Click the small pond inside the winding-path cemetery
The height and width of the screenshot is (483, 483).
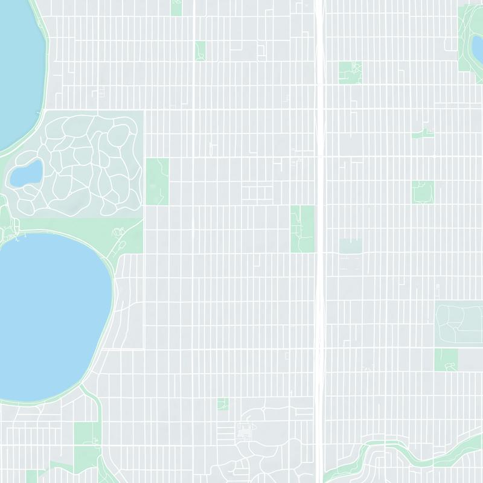tap(26, 173)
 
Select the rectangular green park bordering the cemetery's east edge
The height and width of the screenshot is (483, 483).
tap(157, 181)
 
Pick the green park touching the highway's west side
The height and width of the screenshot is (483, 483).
tap(302, 228)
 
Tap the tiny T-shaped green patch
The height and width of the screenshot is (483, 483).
tap(423, 133)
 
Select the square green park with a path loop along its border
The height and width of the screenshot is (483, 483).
tap(423, 192)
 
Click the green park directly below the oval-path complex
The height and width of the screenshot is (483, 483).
tap(446, 359)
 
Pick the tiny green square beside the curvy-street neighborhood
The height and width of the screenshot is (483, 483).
tap(223, 404)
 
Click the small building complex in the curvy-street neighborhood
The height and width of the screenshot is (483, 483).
tap(246, 431)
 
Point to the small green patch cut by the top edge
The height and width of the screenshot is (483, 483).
tap(176, 7)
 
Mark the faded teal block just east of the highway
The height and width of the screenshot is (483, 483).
tap(350, 246)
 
